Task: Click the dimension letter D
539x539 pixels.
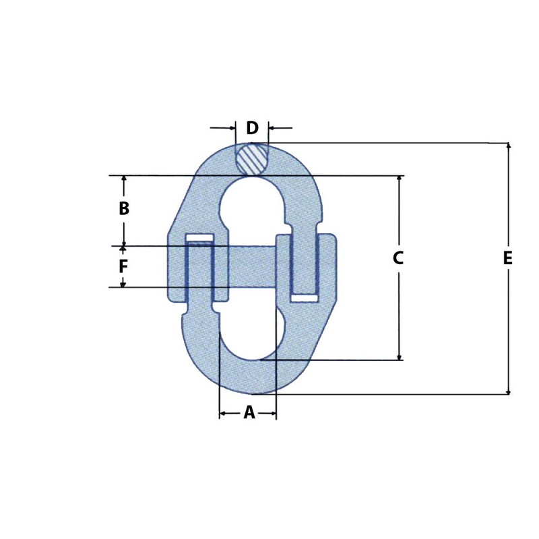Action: tap(252, 128)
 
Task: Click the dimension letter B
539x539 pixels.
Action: tap(124, 209)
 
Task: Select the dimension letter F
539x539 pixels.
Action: tap(123, 267)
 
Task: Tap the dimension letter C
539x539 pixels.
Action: tap(398, 257)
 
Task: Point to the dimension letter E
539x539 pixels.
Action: tap(508, 258)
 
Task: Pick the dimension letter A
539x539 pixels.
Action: tap(249, 412)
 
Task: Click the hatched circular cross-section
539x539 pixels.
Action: tap(252, 160)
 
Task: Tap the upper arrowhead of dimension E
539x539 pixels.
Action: tap(508, 146)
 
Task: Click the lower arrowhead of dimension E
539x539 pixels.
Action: tap(508, 390)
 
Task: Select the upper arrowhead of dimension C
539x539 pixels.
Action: tap(400, 179)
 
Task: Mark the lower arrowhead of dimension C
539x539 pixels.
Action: tap(400, 356)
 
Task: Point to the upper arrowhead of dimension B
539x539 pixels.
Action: tap(124, 179)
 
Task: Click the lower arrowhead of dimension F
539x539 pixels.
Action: tap(123, 284)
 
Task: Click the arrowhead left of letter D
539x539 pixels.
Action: tap(232, 127)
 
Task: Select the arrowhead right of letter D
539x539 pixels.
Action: tap(272, 127)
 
